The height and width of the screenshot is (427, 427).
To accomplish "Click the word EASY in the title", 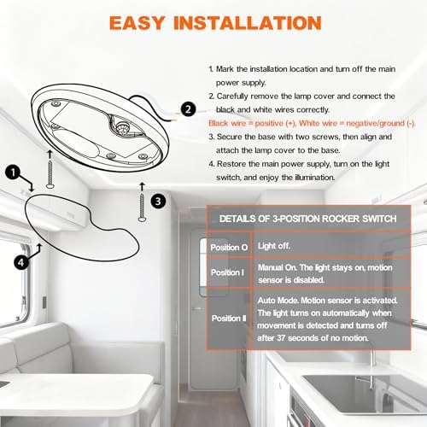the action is tap(137, 23).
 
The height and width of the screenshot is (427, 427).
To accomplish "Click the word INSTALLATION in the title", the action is tap(248, 23).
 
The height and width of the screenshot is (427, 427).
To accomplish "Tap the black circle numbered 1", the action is tap(13, 173).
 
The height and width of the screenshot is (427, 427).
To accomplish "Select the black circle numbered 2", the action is tap(188, 109).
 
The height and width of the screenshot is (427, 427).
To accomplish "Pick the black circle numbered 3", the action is tap(158, 202).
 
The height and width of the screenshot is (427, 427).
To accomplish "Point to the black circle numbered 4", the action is tap(21, 262).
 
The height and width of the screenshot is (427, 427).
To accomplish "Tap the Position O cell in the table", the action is tap(229, 247).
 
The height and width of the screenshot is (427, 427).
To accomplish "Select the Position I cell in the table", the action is tap(227, 272).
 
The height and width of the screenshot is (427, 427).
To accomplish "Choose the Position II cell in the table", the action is tap(229, 318).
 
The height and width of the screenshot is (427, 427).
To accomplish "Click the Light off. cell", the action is tap(274, 246).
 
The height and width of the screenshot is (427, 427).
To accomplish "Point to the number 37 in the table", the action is tap(281, 338).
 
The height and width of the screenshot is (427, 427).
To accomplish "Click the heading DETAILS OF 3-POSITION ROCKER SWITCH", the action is tap(307, 219).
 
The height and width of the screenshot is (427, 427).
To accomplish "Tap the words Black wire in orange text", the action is tap(222, 123).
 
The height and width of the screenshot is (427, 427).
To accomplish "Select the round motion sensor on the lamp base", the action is tap(123, 128).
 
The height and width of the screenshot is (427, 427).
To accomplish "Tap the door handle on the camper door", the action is tap(197, 308).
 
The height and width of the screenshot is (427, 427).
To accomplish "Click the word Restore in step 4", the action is tap(231, 164).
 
